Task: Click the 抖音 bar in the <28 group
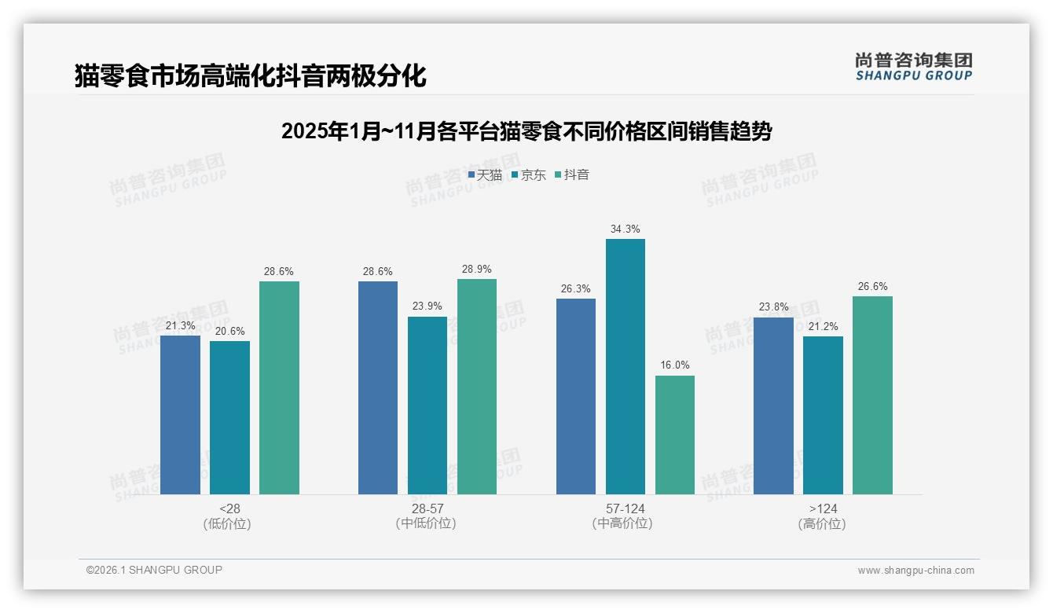click(279, 387)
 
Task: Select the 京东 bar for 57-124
click(625, 366)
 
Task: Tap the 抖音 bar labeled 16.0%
click(674, 435)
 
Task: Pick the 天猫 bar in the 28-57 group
click(378, 387)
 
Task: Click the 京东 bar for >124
click(823, 415)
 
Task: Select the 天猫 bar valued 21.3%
click(180, 415)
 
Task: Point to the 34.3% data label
click(625, 229)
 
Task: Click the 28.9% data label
click(477, 270)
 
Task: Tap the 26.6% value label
click(872, 287)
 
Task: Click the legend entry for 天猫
click(485, 175)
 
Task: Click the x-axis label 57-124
click(625, 509)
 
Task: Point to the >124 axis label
click(823, 509)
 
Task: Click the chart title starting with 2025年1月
click(526, 131)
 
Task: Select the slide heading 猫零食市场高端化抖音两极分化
click(250, 76)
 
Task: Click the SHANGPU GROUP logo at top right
click(913, 67)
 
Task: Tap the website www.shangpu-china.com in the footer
click(915, 571)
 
